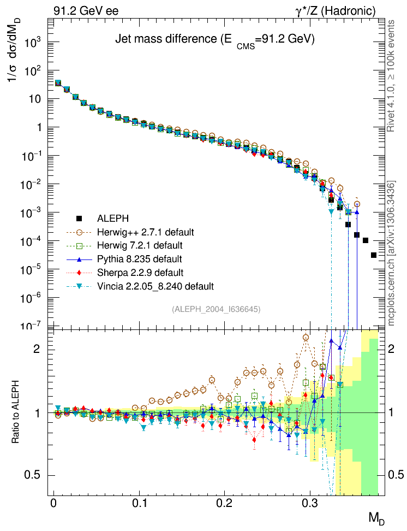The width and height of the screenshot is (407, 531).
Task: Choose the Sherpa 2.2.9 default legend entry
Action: (139, 272)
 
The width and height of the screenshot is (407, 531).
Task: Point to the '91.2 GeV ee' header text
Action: (86, 10)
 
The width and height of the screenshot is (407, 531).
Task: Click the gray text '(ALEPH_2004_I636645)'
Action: (216, 309)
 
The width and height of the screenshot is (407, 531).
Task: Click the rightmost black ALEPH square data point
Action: (374, 255)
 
